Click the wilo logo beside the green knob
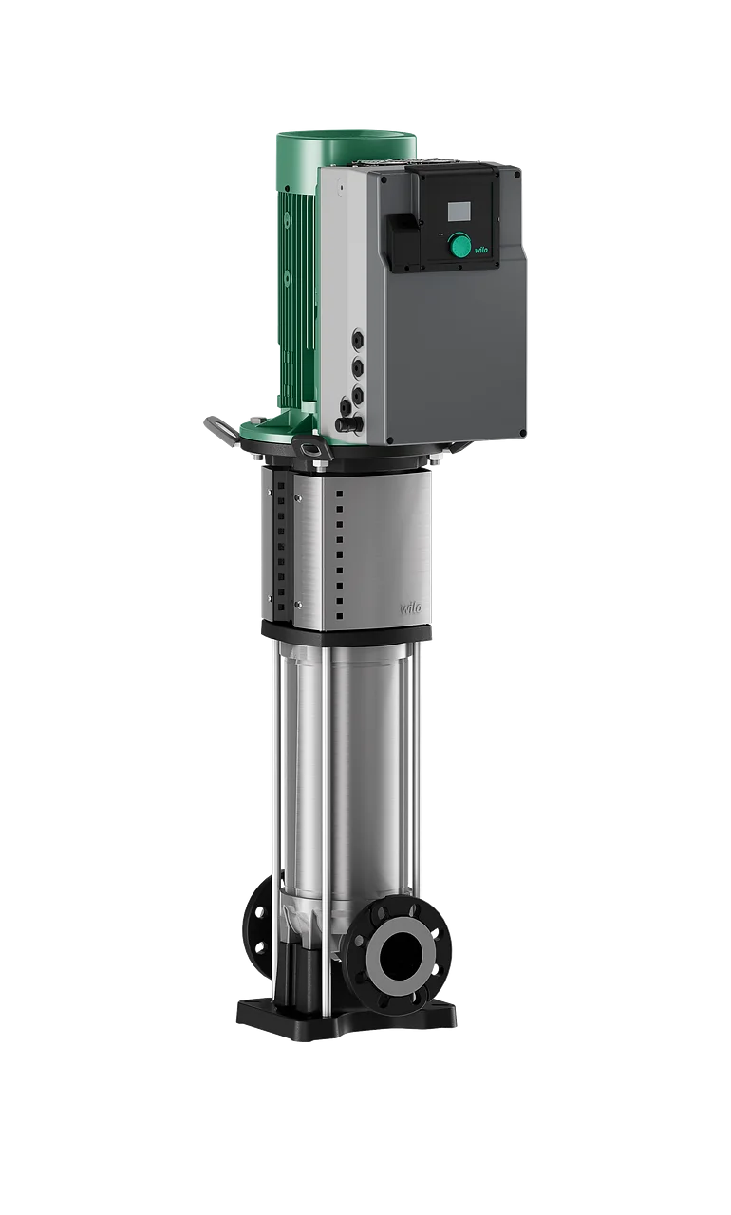[481, 250]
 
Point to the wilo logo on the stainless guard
[410, 608]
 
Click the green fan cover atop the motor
[347, 149]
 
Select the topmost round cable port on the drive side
[358, 340]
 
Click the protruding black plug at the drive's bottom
[348, 422]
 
